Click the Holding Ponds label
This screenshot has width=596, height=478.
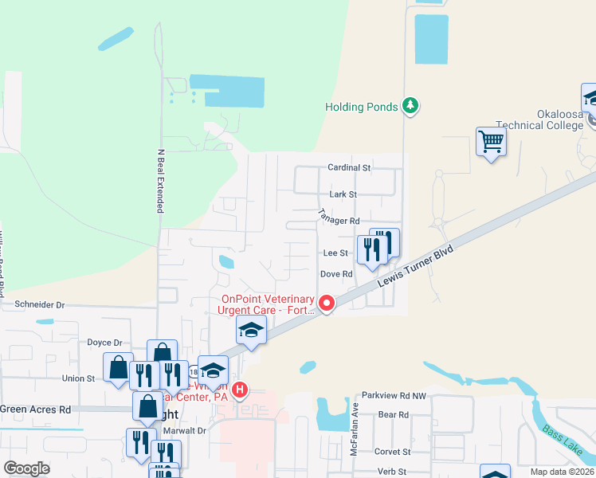pyautogui.click(x=361, y=108)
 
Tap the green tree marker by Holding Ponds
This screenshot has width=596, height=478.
pyautogui.click(x=410, y=105)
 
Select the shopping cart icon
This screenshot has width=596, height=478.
pyautogui.click(x=492, y=143)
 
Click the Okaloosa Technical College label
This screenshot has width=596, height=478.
pyautogui.click(x=540, y=120)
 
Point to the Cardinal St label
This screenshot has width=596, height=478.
pyautogui.click(x=349, y=168)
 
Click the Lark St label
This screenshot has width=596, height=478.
pyautogui.click(x=342, y=194)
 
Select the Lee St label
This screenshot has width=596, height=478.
pyautogui.click(x=335, y=253)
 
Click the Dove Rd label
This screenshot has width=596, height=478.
pyautogui.click(x=336, y=274)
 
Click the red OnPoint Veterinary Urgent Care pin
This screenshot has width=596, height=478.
pyautogui.click(x=326, y=304)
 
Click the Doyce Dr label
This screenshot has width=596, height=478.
pyautogui.click(x=104, y=342)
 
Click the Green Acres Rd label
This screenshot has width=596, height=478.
pyautogui.click(x=35, y=409)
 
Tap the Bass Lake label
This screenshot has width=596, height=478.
pyautogui.click(x=563, y=439)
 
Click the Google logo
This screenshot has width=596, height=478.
pyautogui.click(x=26, y=468)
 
